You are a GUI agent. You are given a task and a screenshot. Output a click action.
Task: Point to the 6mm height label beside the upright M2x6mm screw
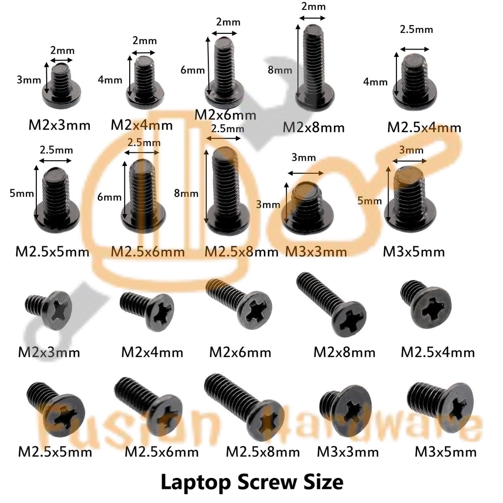pos(193,70)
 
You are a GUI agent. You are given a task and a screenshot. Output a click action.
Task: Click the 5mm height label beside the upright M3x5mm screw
pos(370,200)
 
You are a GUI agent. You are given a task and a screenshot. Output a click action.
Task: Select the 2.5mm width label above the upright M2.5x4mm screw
pos(417,29)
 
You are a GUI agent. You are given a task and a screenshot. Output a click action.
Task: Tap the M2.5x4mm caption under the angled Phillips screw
pos(438,352)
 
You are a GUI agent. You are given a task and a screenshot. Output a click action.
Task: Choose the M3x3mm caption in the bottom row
pos(348,451)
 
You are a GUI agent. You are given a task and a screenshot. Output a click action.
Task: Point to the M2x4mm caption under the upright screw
pos(141,125)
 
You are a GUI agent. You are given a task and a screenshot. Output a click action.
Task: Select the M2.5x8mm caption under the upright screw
pos(241,252)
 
